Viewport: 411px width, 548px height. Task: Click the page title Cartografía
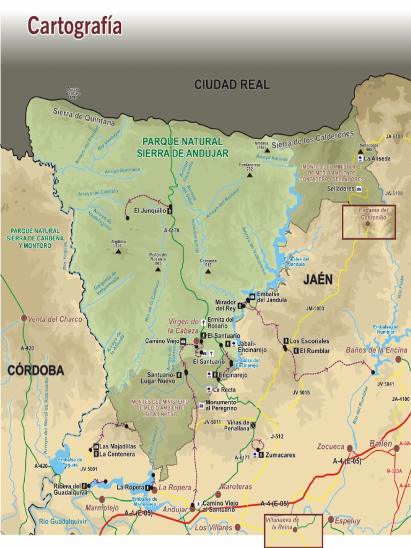tap(75, 26)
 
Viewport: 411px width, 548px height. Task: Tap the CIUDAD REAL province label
tap(232, 85)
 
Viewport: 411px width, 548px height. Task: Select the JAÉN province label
tap(318, 279)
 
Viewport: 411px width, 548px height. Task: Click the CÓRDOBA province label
tap(36, 370)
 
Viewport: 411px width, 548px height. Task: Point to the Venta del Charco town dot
tap(24, 318)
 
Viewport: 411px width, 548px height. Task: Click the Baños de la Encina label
tap(376, 350)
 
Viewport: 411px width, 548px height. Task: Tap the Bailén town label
tap(380, 444)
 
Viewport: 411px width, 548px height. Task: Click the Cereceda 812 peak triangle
tap(208, 271)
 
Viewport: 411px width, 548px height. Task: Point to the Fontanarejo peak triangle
tap(249, 174)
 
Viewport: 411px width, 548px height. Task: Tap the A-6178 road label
tap(171, 230)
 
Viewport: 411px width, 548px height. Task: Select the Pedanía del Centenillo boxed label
tap(369, 214)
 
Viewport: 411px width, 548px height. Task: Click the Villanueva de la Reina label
tap(281, 523)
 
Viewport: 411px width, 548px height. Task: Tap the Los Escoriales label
tap(309, 341)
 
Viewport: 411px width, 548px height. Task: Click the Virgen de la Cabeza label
tap(183, 326)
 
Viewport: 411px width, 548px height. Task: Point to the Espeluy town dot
tap(331, 520)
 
